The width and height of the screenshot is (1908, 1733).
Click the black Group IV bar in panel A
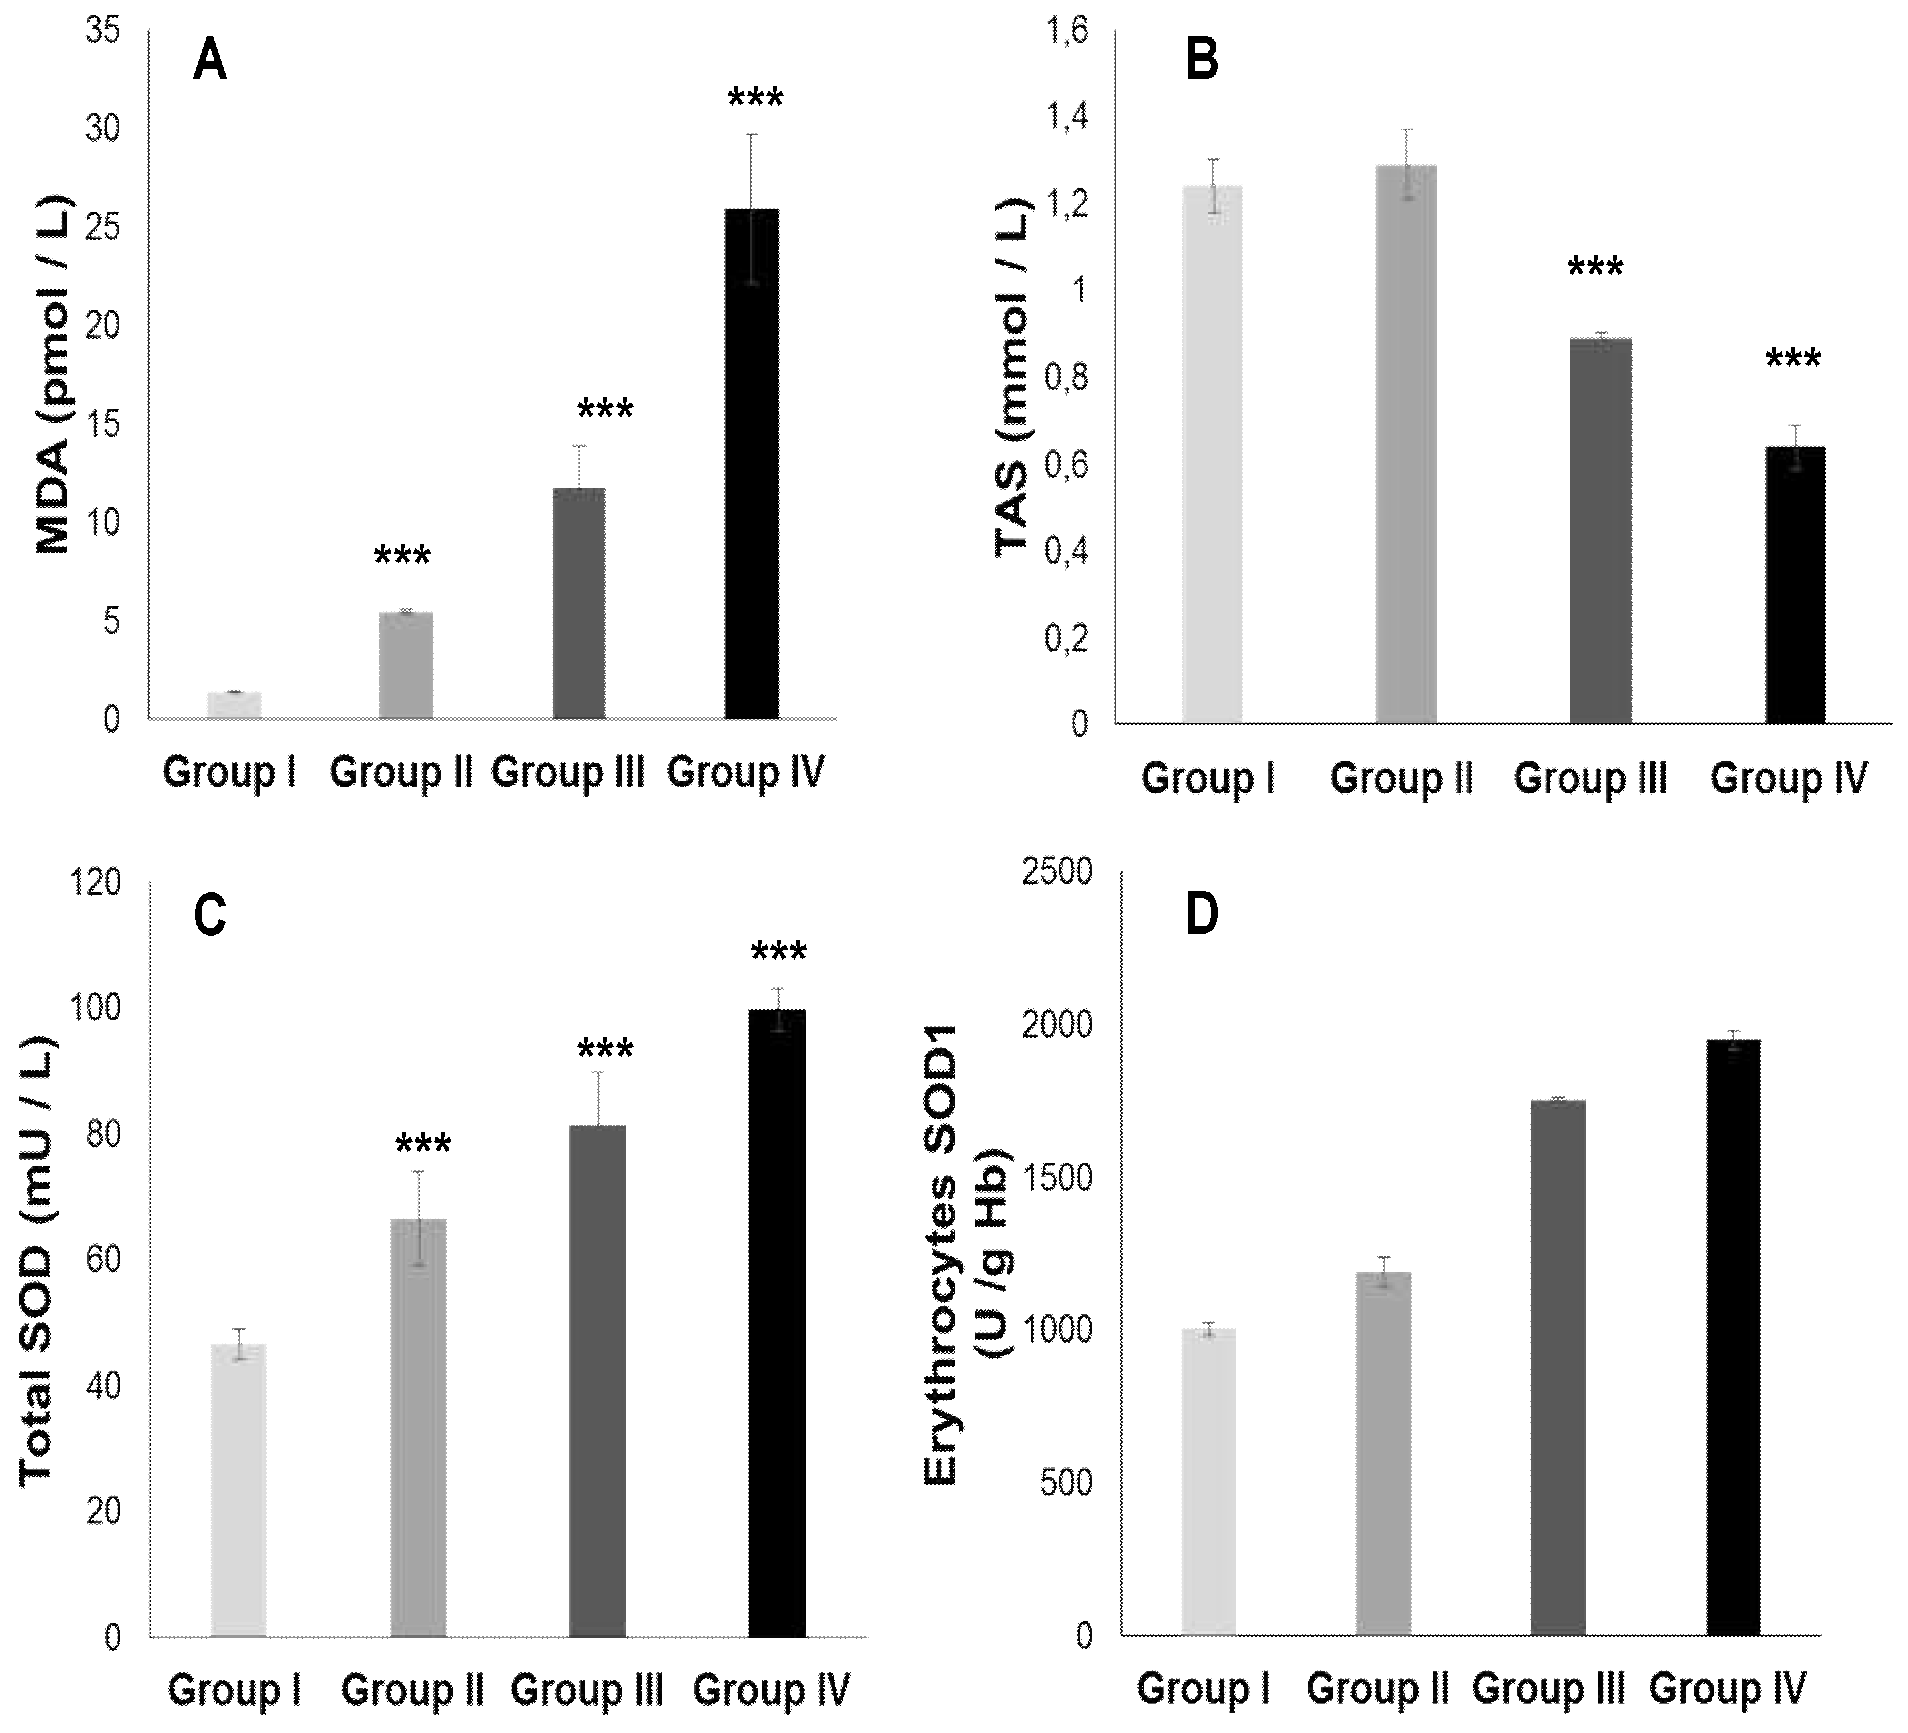[x=752, y=463]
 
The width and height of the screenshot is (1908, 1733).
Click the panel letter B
[x=1202, y=61]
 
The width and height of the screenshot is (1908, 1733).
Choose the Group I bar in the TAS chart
[x=1212, y=454]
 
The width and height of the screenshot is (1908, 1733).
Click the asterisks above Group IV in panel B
[x=1793, y=359]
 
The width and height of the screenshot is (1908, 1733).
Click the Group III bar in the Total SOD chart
[x=597, y=1381]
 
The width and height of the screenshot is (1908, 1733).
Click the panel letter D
[x=1202, y=916]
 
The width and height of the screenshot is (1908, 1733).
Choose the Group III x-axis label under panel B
[x=1590, y=777]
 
